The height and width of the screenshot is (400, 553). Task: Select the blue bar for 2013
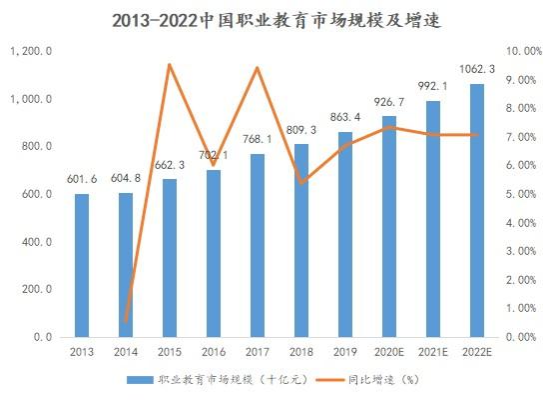tap(82, 265)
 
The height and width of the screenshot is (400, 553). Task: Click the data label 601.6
tap(82, 179)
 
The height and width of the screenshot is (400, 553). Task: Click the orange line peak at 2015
tap(169, 65)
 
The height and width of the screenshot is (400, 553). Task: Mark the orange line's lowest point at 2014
tap(126, 322)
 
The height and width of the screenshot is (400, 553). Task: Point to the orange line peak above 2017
tap(257, 68)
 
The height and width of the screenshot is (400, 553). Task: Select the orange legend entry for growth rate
tap(374, 380)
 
